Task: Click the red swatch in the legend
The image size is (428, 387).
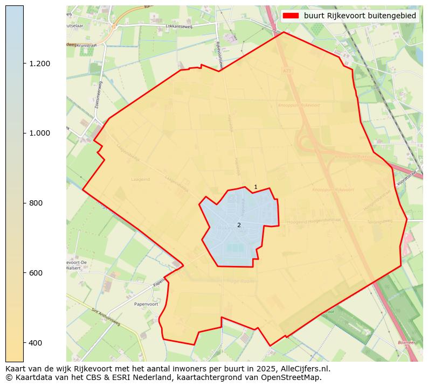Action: pyautogui.click(x=292, y=16)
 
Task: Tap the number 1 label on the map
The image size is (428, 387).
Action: pyautogui.click(x=256, y=187)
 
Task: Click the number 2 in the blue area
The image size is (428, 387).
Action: pyautogui.click(x=239, y=225)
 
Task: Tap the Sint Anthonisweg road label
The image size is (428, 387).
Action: pyautogui.click(x=106, y=318)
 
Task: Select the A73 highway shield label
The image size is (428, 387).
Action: pyautogui.click(x=286, y=71)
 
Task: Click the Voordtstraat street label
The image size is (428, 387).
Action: pyautogui.click(x=406, y=179)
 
